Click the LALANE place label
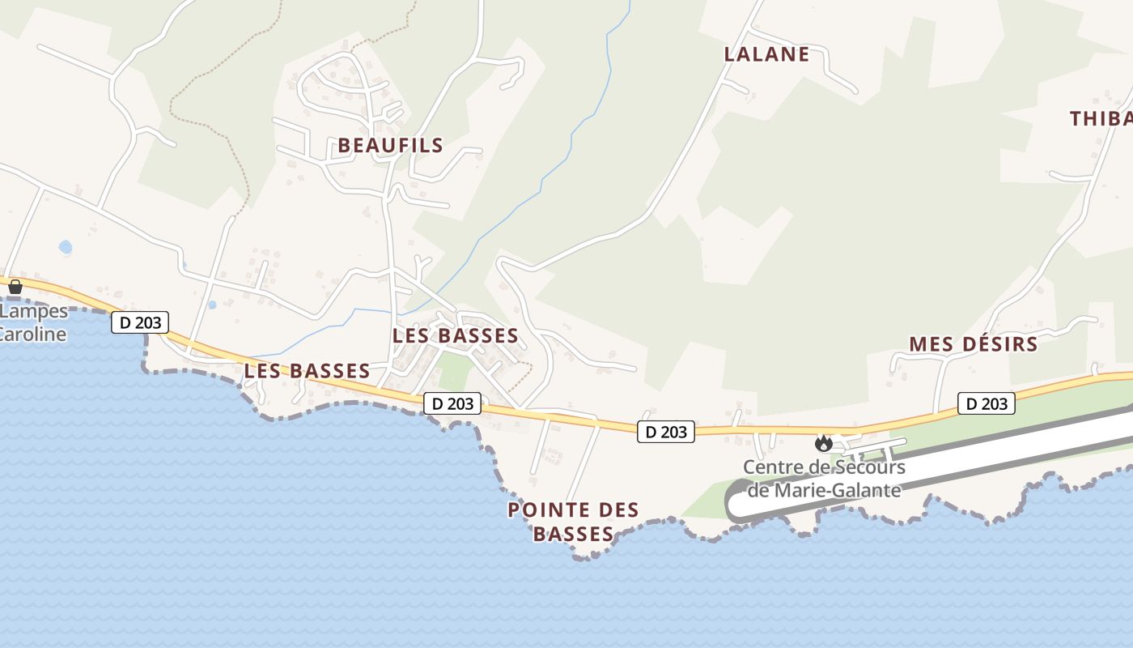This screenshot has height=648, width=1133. (x=766, y=54)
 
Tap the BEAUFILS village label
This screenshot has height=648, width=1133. (x=390, y=146)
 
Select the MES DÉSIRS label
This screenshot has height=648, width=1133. (x=973, y=344)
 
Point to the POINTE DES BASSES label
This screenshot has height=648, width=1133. (x=573, y=522)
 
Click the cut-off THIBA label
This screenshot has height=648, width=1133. (x=1101, y=119)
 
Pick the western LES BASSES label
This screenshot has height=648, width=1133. (x=307, y=371)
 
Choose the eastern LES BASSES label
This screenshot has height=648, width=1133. (x=455, y=335)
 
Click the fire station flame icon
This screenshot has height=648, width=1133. (x=824, y=443)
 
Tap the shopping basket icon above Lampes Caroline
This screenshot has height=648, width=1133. (x=15, y=286)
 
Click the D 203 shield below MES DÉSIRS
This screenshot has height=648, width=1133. (x=987, y=403)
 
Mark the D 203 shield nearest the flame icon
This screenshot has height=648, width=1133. (x=666, y=432)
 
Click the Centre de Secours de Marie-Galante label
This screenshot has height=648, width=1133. (x=824, y=478)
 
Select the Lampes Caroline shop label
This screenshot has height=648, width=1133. (x=32, y=322)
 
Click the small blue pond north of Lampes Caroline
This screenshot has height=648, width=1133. (x=66, y=246)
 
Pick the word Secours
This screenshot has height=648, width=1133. (x=865, y=467)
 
